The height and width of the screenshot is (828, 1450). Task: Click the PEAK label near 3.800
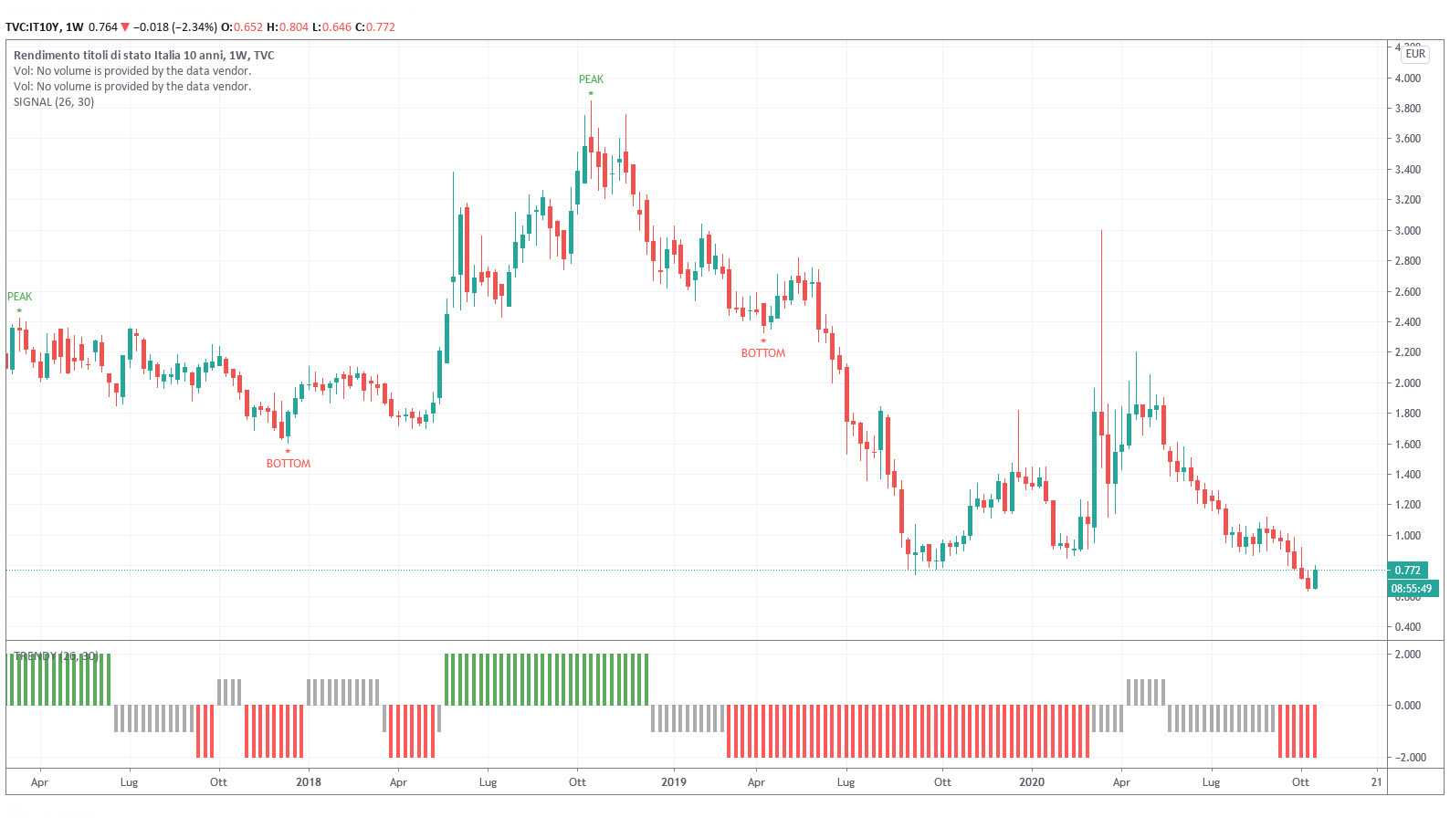591,79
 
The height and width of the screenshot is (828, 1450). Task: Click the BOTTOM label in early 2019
762,353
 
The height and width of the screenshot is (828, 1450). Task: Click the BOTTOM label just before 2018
288,464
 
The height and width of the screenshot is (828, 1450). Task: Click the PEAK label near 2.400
19,297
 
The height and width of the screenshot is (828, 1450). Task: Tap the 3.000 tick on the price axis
1407,231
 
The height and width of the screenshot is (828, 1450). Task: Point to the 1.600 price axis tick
1407,445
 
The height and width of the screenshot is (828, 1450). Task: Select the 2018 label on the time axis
309,782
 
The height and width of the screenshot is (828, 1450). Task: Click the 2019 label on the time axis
673,782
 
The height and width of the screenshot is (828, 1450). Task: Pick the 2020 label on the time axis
1031,782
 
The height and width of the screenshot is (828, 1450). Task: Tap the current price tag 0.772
1407,571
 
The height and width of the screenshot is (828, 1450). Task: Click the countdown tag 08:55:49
1411,589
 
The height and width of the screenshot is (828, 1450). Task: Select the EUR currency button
1414,54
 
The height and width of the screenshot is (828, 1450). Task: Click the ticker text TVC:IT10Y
32,27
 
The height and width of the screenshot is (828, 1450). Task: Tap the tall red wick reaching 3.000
1101,301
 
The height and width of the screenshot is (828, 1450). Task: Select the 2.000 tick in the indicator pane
1407,655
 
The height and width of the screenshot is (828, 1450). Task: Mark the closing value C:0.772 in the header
375,27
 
